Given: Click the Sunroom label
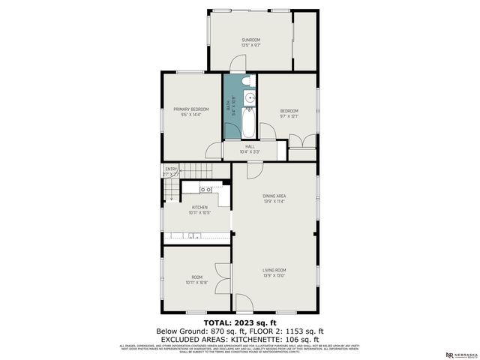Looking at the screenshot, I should tap(250, 40).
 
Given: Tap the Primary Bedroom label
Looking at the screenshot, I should tap(190, 109).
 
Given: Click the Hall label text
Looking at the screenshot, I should tap(250, 146).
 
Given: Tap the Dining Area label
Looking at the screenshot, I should tap(274, 196).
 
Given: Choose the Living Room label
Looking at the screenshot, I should tap(274, 270).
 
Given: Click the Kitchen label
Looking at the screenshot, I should tap(199, 207).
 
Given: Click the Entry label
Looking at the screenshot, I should tap(172, 169).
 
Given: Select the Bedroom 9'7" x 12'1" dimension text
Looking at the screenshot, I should tap(289, 116).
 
